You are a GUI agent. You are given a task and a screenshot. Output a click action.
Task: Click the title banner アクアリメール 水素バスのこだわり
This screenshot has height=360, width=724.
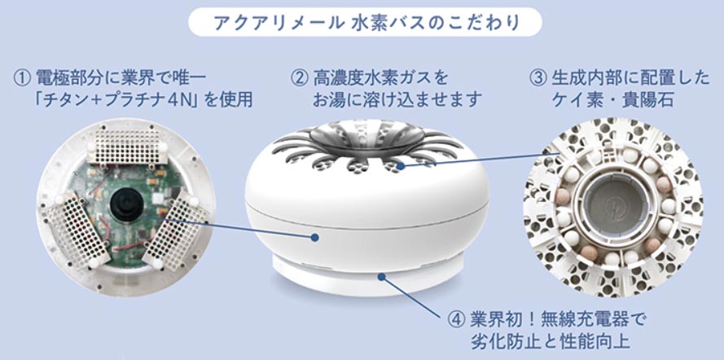[x=362, y=22]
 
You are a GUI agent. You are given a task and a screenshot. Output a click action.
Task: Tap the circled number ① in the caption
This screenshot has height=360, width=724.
[x=23, y=78]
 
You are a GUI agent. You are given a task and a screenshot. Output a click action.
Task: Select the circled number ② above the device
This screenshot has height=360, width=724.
[x=299, y=78]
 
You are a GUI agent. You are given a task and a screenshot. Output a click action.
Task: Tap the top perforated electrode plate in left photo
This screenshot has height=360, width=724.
[x=125, y=145]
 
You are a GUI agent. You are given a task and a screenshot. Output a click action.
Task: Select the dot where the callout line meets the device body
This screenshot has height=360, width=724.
[x=315, y=238]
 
